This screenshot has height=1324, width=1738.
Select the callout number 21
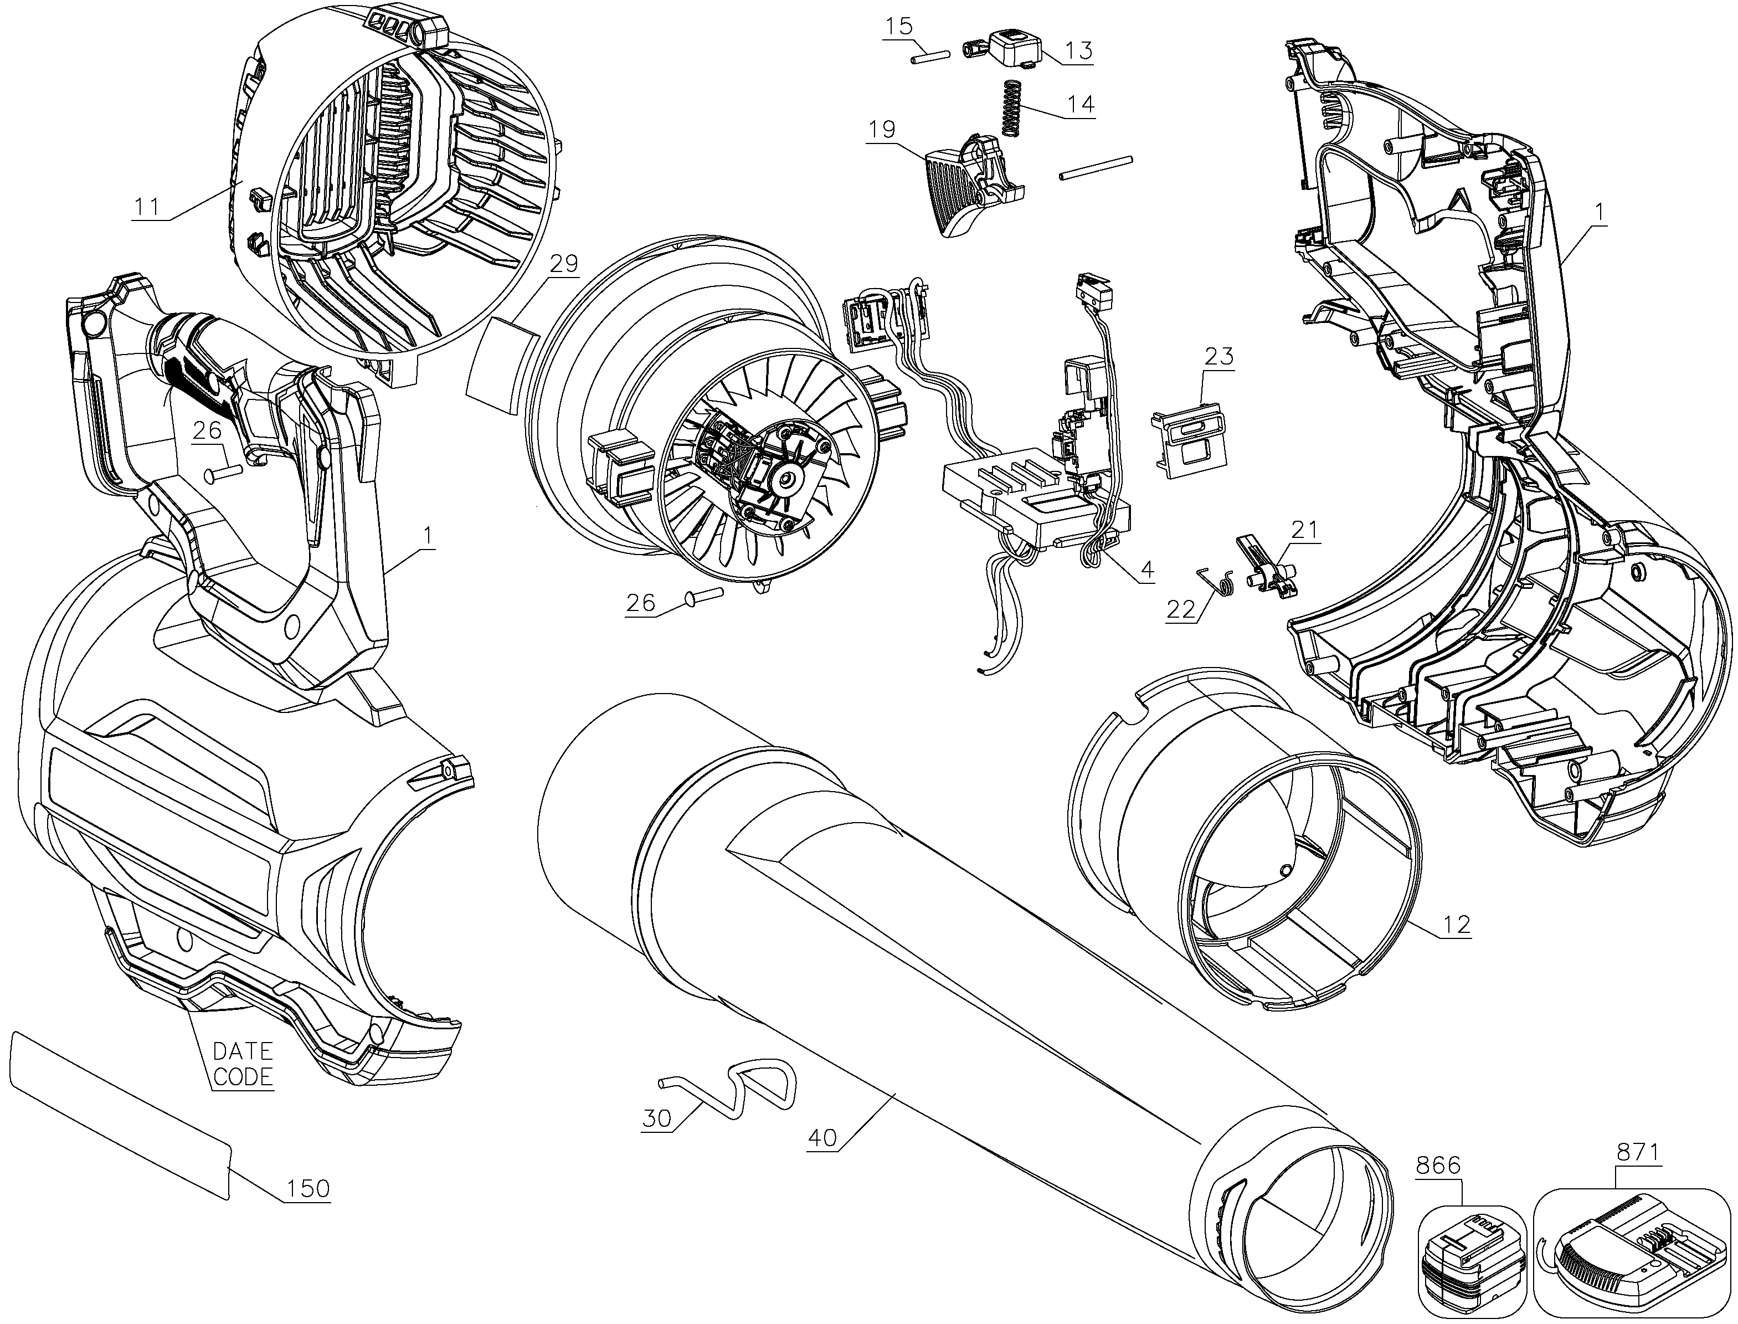(1303, 529)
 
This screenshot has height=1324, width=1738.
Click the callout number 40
(823, 1137)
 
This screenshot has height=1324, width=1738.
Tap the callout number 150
(307, 1188)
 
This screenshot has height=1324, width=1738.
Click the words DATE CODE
(243, 1065)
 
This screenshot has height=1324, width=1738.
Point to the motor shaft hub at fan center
(785, 475)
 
